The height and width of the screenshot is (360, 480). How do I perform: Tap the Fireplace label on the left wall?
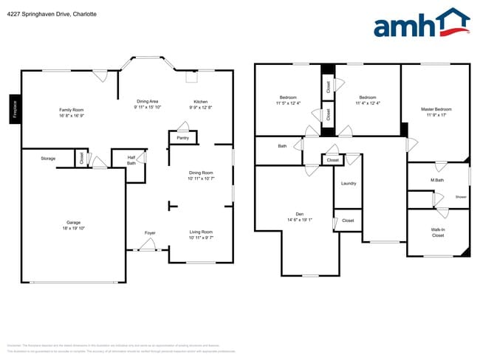[x=14, y=108]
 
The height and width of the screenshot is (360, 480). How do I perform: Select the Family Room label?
[x=72, y=110]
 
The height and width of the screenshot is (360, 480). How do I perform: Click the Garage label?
[x=73, y=222]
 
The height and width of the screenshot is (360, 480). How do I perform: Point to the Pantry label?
[x=183, y=137]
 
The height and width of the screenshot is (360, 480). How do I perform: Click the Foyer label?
[x=150, y=233]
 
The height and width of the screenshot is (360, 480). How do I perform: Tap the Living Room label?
[x=201, y=232]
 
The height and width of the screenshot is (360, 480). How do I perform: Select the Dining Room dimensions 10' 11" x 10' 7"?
[x=201, y=179]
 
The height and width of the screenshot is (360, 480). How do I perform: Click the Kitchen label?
[x=201, y=102]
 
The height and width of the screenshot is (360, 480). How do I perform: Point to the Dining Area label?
[x=148, y=101]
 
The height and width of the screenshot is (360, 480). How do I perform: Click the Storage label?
[x=48, y=159]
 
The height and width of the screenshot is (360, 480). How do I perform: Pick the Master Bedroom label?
[x=436, y=109]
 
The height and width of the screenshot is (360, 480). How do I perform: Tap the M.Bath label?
[x=436, y=180]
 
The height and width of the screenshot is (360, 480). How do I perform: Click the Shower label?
[x=461, y=197]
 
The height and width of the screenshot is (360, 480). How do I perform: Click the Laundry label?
[x=349, y=183]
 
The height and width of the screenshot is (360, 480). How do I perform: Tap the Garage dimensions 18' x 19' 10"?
[x=73, y=228]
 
